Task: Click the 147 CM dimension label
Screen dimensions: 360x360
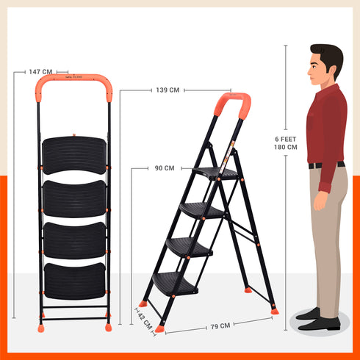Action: [40, 72]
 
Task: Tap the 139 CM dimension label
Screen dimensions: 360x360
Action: [168, 90]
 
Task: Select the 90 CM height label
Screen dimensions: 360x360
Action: [164, 168]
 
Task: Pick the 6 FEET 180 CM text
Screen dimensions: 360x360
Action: [286, 142]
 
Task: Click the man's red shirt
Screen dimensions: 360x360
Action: [325, 125]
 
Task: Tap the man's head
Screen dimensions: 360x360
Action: [325, 64]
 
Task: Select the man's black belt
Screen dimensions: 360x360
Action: [325, 165]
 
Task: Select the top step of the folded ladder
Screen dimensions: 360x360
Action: [74, 154]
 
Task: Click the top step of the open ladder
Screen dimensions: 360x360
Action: [217, 173]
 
